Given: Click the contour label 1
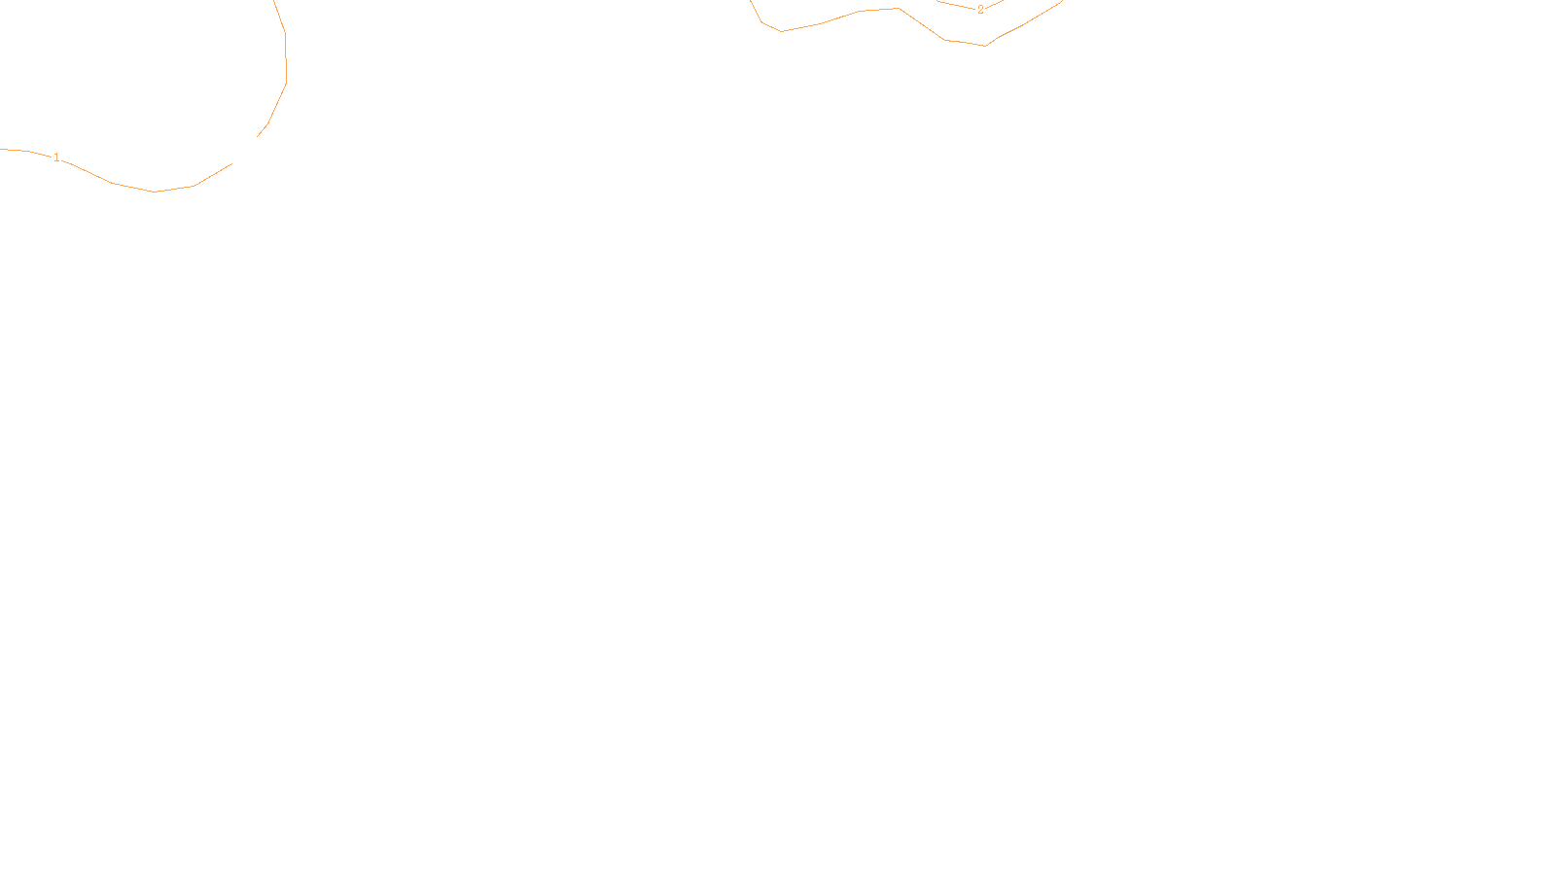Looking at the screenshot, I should [56, 157].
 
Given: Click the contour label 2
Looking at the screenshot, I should [980, 10].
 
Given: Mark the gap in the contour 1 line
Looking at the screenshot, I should [245, 151].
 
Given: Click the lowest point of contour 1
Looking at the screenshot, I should [156, 192].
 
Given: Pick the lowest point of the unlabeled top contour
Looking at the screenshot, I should [986, 46].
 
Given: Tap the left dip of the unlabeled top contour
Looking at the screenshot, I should [781, 31].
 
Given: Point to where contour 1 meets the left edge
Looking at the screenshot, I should [2, 149].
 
